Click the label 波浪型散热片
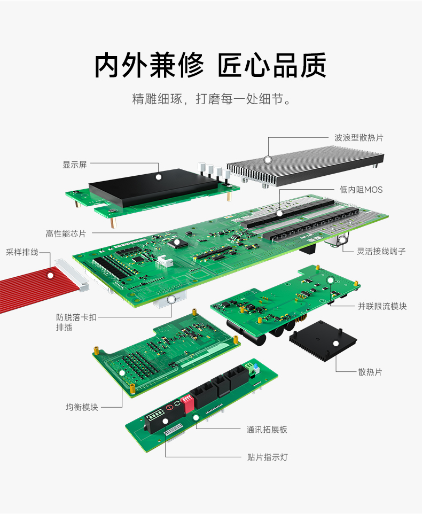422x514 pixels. click(x=358, y=138)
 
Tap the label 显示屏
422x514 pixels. click(x=74, y=165)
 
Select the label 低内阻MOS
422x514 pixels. click(x=361, y=190)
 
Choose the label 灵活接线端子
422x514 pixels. click(x=381, y=251)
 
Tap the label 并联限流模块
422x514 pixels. click(x=382, y=306)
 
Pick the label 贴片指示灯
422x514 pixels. click(x=268, y=457)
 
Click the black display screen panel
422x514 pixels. click(x=155, y=187)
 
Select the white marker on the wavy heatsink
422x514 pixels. click(x=268, y=159)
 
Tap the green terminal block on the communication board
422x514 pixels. click(x=249, y=368)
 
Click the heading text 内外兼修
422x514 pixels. click(x=149, y=65)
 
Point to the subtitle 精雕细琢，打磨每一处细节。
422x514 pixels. click(x=211, y=99)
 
